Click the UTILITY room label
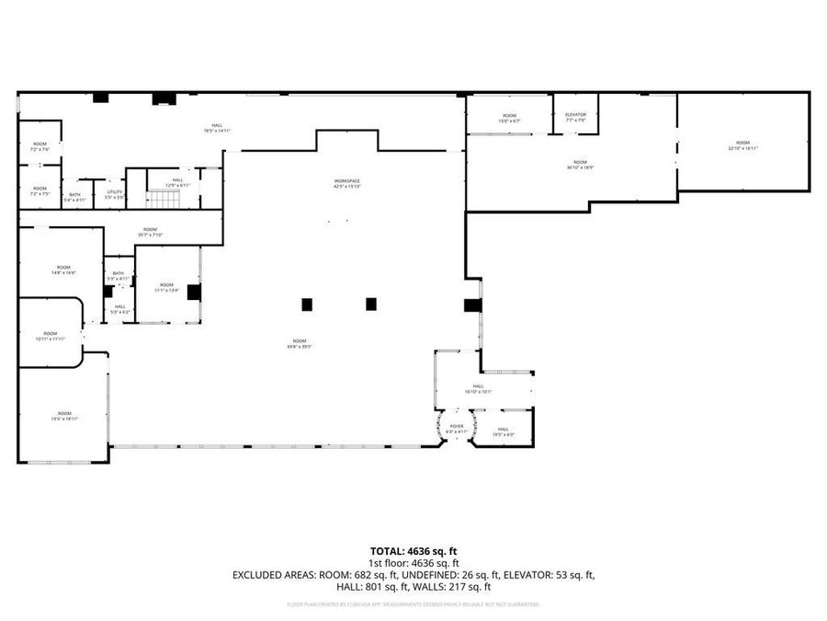pyautogui.click(x=114, y=194)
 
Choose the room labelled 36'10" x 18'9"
pyautogui.click(x=580, y=165)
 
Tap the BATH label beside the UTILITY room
pyautogui.click(x=74, y=196)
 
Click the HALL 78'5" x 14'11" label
pyautogui.click(x=217, y=128)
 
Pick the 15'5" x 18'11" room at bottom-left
pyautogui.click(x=64, y=416)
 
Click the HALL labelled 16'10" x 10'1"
pyautogui.click(x=478, y=389)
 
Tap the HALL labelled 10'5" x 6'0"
pyautogui.click(x=503, y=431)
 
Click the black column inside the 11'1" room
pyautogui.click(x=194, y=293)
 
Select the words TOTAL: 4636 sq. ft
pyautogui.click(x=413, y=550)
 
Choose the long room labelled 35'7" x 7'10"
pyautogui.click(x=150, y=232)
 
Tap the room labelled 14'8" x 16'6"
pyautogui.click(x=62, y=270)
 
